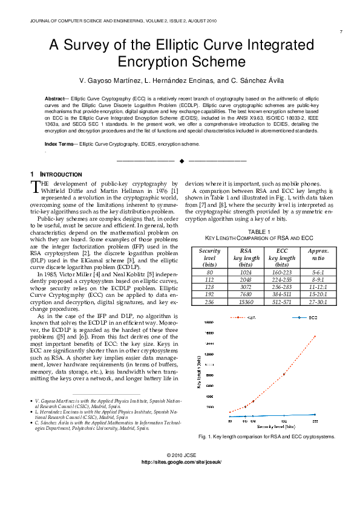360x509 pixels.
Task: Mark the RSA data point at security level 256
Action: coord(315,336)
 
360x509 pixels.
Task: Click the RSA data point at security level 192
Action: coord(284,374)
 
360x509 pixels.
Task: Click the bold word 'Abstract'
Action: coord(56,97)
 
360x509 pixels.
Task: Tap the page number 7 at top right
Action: coord(341,31)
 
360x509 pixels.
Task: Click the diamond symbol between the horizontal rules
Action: coord(181,161)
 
